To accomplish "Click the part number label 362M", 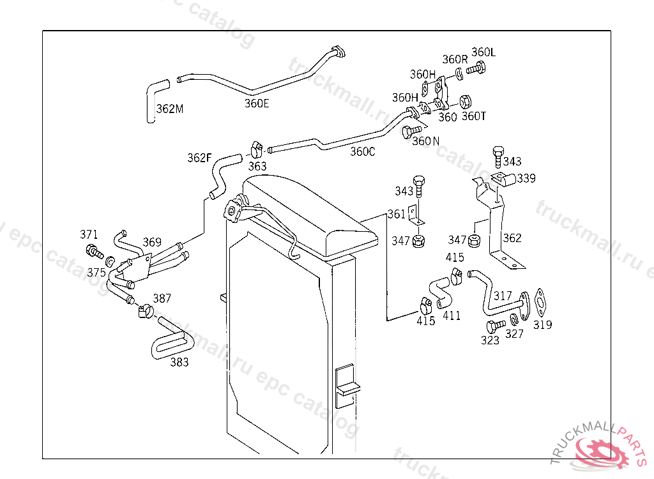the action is (x=170, y=109).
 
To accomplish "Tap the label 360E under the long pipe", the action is (x=257, y=103).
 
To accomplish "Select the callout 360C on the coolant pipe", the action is (x=363, y=151).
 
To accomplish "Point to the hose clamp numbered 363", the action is (x=256, y=149).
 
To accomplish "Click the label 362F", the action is (x=199, y=158).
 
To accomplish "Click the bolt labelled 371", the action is (x=95, y=251).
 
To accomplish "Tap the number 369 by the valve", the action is (x=152, y=242).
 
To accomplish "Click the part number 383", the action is (x=179, y=361).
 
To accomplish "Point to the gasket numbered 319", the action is (x=540, y=303).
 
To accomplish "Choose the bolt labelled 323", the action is (x=496, y=326).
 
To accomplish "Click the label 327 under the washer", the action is (x=514, y=334).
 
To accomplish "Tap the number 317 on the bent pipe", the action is (x=502, y=296).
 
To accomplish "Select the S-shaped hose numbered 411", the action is (x=441, y=292).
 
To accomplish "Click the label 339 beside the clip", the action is (x=526, y=178).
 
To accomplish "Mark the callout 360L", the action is (x=483, y=52).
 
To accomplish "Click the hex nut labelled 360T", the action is (x=465, y=102).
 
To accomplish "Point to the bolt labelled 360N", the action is (x=411, y=132).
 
